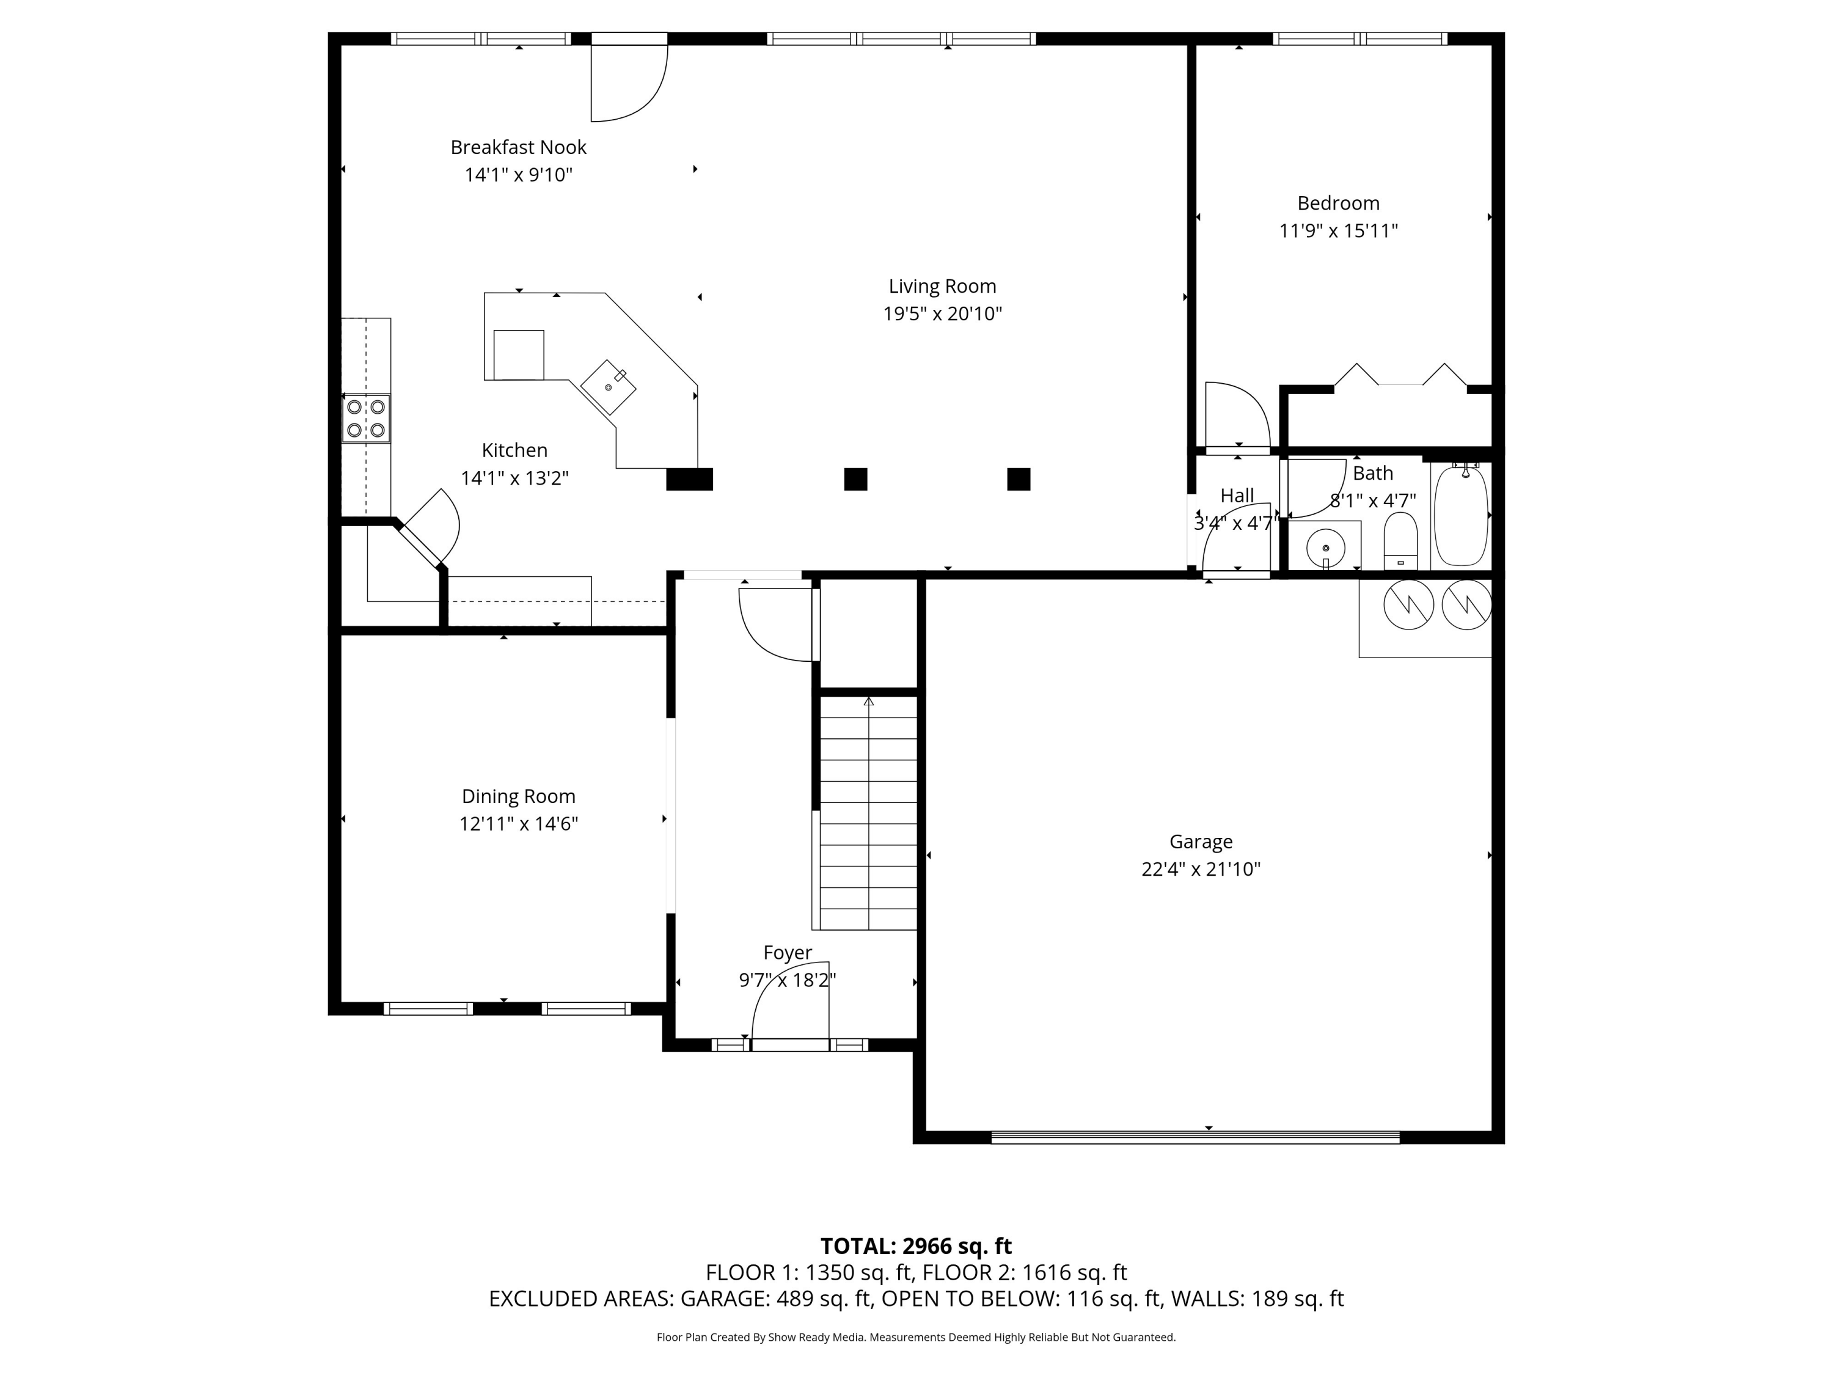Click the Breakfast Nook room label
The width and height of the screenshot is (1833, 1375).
point(518,147)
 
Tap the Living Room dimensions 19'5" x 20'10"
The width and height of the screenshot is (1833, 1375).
point(942,314)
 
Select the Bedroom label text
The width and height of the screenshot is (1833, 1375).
point(1338,203)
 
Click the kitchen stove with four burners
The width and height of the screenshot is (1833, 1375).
point(366,419)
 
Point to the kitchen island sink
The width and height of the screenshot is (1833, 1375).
point(608,387)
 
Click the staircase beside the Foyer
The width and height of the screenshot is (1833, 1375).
point(868,813)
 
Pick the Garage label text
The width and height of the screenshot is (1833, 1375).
point(1201,842)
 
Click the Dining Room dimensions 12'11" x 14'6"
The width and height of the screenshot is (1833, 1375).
point(519,824)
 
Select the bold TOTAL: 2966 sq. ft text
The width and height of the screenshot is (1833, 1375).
point(916,1247)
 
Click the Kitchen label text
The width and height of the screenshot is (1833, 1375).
point(514,451)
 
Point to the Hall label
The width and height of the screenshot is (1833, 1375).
point(1237,496)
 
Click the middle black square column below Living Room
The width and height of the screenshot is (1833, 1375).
point(855,479)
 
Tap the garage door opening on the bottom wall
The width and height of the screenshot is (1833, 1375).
point(1195,1137)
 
